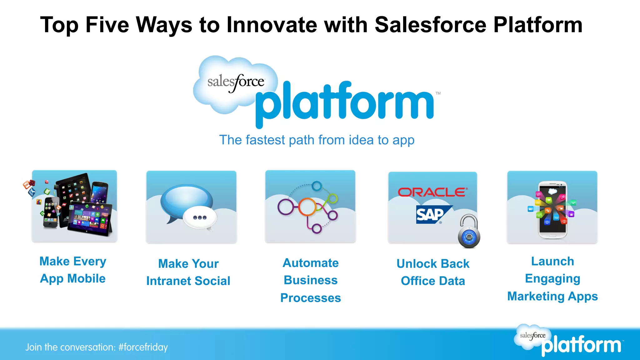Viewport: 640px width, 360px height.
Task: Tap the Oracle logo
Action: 432,192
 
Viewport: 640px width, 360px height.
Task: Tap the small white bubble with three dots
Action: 200,218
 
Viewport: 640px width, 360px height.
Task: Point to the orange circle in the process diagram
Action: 307,207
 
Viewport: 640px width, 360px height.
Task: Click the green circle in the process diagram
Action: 332,198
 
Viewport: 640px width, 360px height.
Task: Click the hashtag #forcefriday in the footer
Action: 143,347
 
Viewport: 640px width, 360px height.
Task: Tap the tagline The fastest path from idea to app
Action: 317,140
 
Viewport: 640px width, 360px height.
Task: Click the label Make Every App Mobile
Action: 73,270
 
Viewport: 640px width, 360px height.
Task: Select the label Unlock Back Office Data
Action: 433,272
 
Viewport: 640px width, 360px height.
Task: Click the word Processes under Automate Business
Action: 310,298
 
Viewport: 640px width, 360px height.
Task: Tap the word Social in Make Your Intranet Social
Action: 212,281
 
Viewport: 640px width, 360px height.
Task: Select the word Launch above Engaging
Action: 552,261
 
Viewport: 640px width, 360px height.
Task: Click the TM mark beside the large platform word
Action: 438,93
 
